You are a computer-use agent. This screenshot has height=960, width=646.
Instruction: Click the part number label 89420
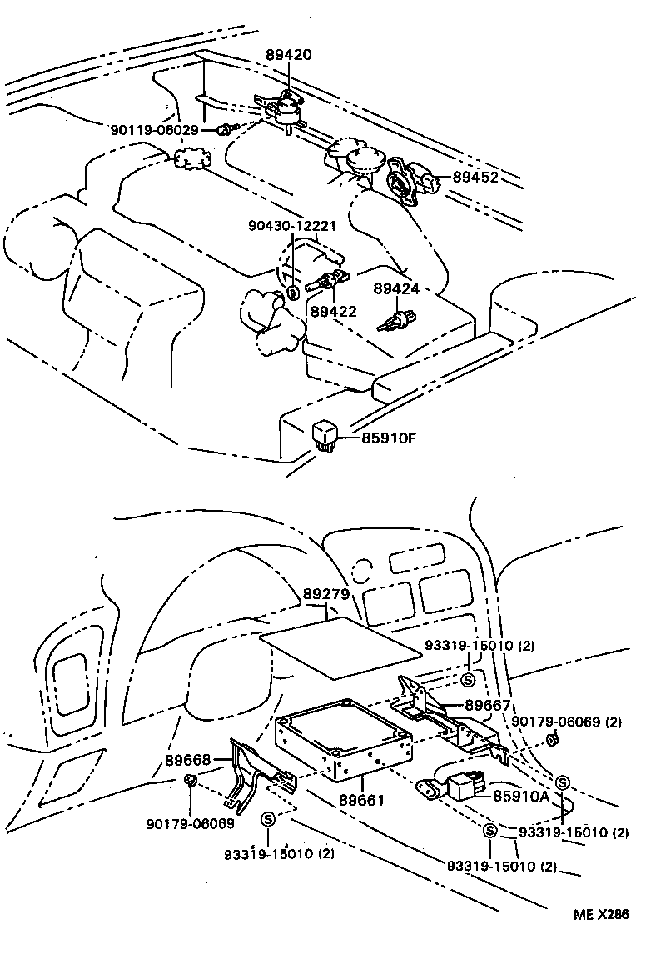click(289, 55)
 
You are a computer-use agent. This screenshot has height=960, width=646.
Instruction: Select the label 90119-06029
click(154, 130)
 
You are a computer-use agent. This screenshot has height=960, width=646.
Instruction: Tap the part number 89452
click(475, 177)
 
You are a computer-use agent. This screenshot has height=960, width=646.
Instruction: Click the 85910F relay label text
click(388, 437)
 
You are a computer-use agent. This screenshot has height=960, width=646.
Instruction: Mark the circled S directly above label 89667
click(467, 680)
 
